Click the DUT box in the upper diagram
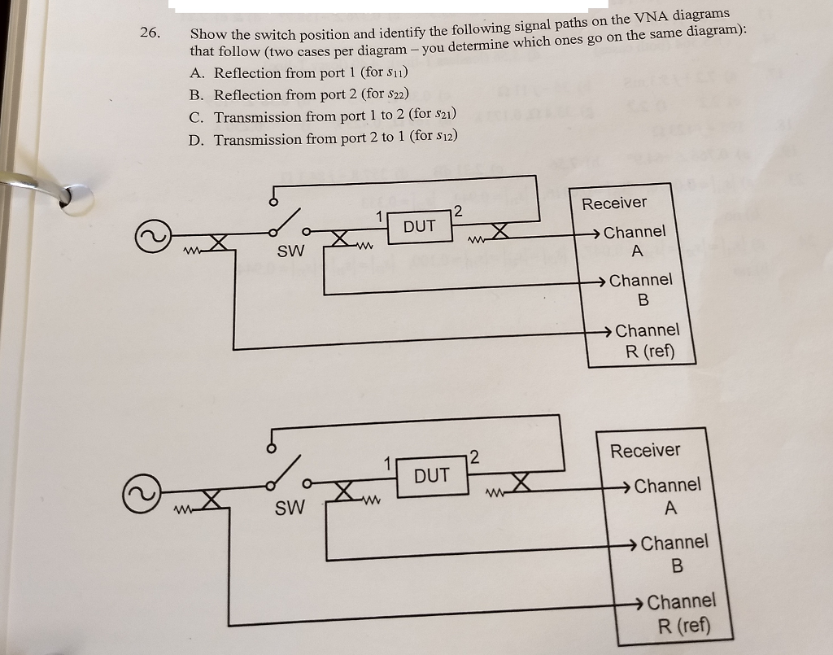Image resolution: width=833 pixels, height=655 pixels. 420,226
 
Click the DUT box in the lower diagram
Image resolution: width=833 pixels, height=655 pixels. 431,475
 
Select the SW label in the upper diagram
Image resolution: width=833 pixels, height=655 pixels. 290,252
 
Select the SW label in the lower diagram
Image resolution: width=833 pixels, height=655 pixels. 290,509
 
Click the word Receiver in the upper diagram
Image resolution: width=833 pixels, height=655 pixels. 614,203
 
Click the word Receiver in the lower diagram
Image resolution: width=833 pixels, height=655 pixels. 645,450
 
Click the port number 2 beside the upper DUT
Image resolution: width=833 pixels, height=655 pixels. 457,212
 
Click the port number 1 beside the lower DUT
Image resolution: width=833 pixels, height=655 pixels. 389,465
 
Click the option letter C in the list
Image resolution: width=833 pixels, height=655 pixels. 195,117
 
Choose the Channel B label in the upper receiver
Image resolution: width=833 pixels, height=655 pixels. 641,290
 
